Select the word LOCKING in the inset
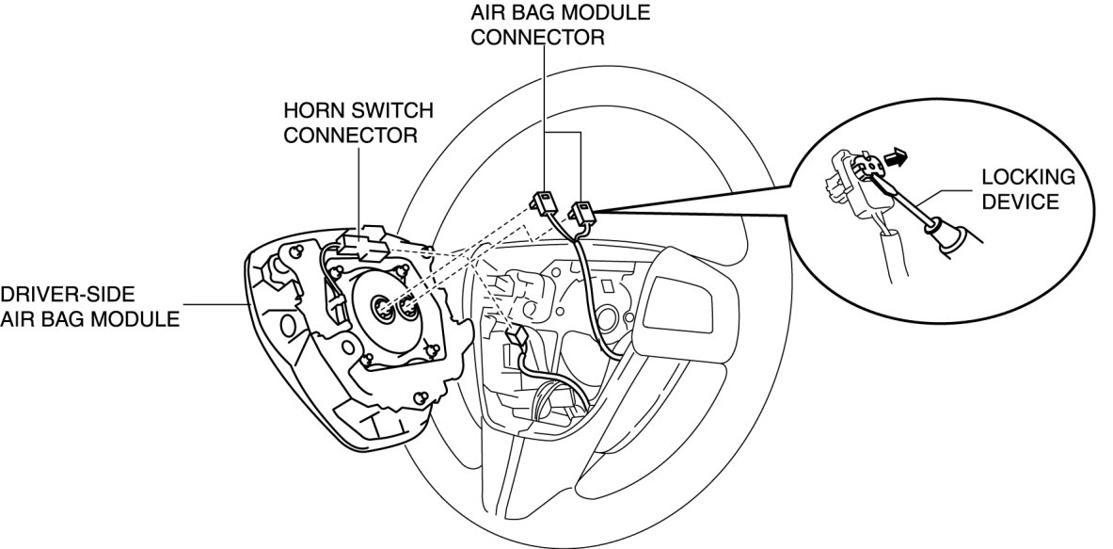coord(1027,177)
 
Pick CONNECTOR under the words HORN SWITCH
coord(351,135)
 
